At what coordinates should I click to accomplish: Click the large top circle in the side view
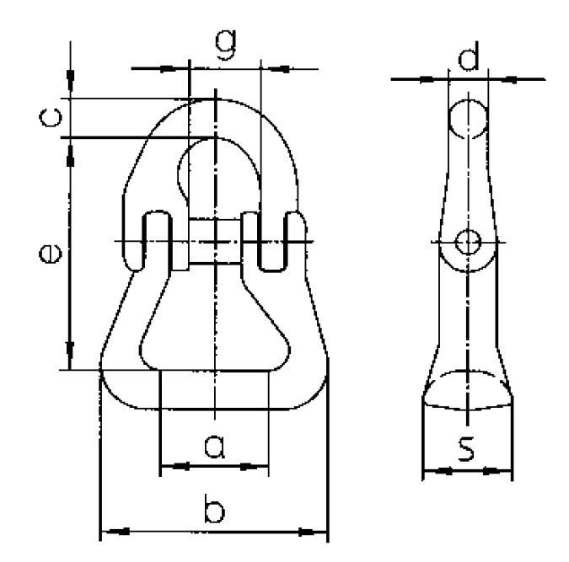(466, 119)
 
